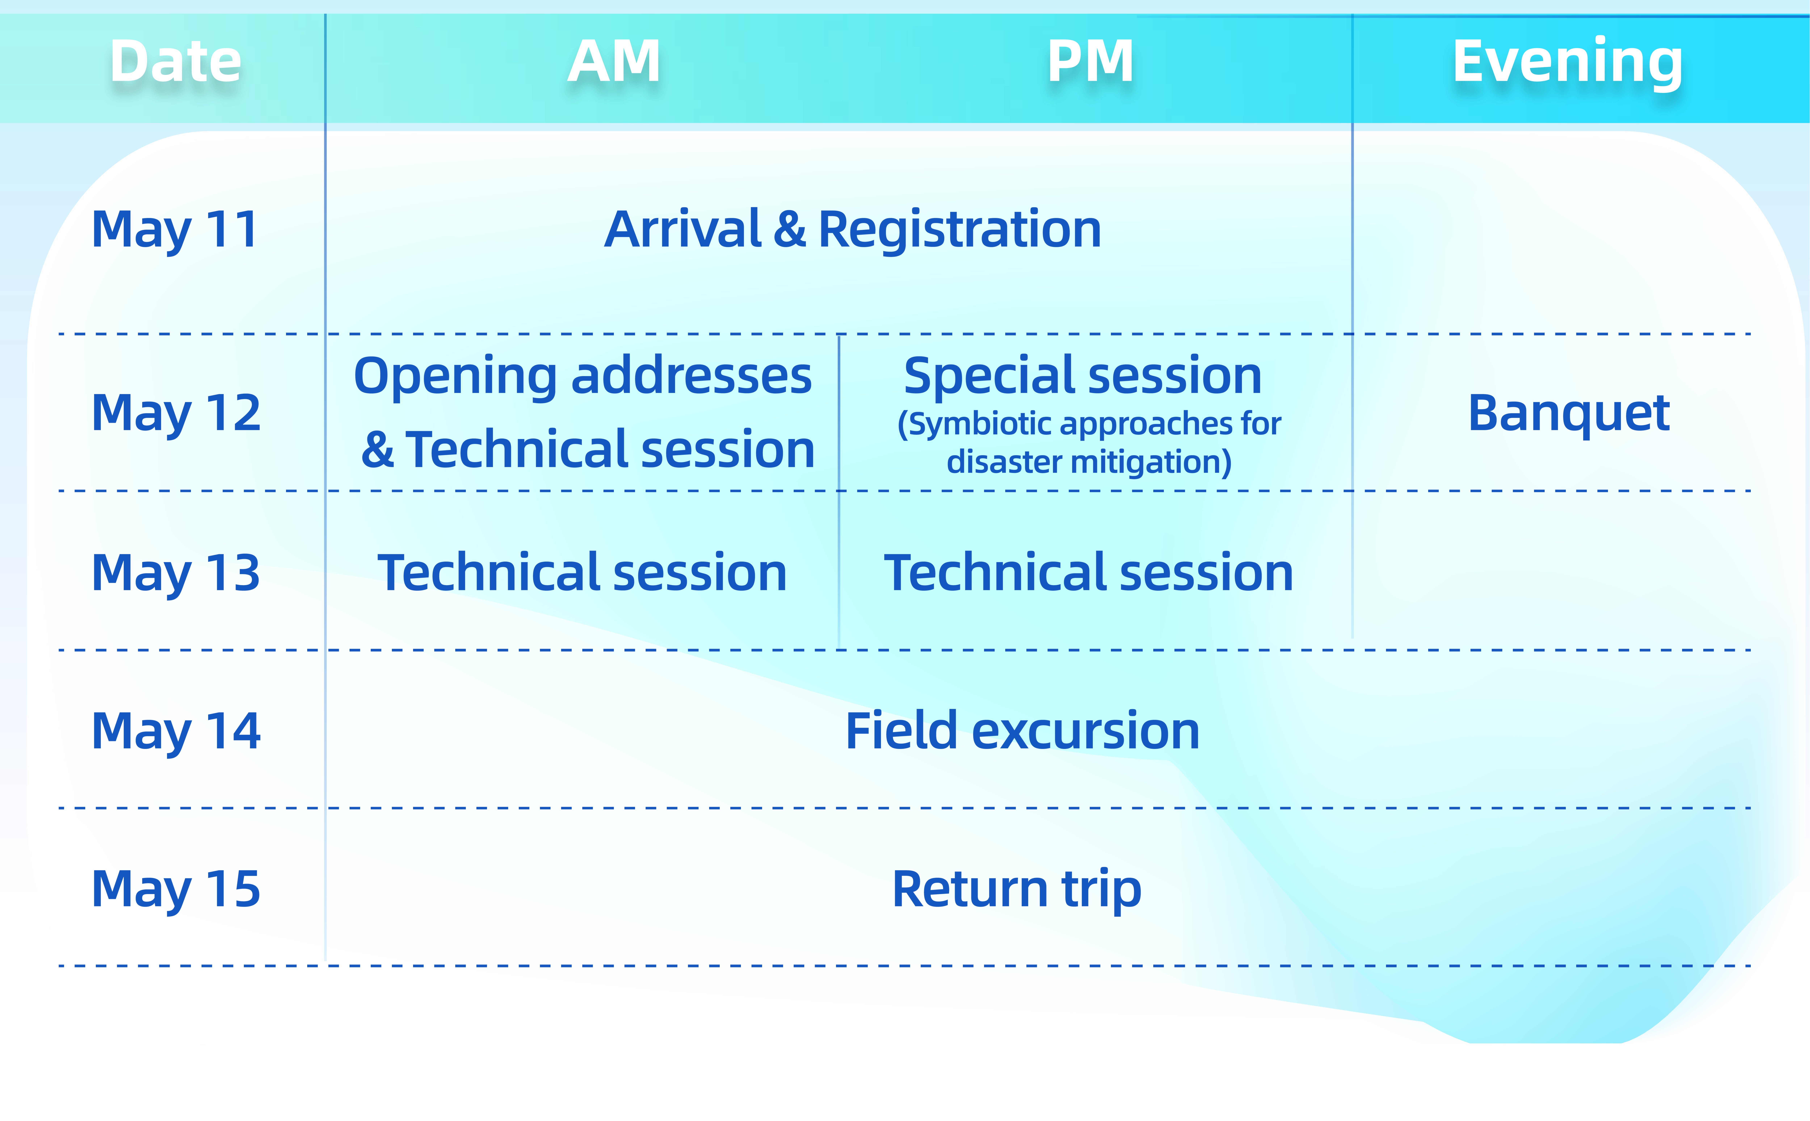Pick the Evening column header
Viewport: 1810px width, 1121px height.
[x=1568, y=62]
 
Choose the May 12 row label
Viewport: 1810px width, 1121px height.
[x=176, y=414]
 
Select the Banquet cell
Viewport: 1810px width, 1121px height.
[x=1569, y=414]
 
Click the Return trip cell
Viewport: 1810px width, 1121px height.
[x=1017, y=890]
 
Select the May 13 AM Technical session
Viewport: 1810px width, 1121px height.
[x=582, y=573]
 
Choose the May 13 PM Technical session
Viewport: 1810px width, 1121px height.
[x=1088, y=573]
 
